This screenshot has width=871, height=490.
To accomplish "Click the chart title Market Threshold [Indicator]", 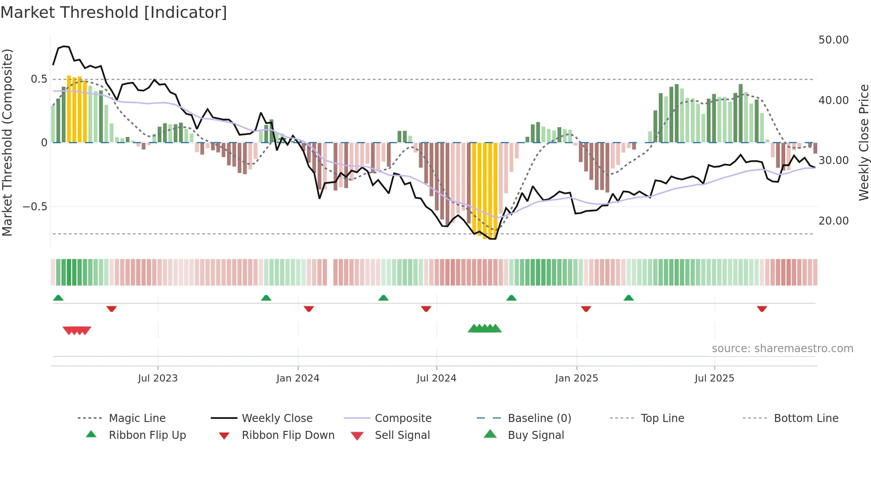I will [114, 12].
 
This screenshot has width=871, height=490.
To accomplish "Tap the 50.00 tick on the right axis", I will [833, 40].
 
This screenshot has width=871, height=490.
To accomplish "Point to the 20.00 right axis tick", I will [833, 221].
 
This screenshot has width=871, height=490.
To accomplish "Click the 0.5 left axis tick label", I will [39, 79].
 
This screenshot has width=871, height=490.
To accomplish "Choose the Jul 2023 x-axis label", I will [157, 378].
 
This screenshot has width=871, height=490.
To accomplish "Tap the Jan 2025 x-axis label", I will [576, 378].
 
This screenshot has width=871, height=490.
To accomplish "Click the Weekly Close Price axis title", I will [863, 142].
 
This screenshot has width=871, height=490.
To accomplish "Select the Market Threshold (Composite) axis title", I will [7, 142].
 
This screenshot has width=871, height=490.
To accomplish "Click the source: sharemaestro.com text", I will [782, 349].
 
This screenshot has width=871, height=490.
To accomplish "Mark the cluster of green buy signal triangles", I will [484, 329].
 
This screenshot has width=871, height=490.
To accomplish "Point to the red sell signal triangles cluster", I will [77, 330].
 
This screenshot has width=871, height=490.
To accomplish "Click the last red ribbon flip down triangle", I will [762, 309].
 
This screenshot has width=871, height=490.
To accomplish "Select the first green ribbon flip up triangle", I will [58, 298].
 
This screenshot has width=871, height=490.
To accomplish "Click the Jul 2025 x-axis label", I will [714, 378].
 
